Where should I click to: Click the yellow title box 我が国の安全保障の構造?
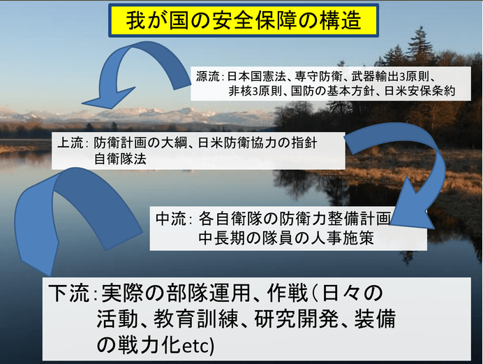click(x=244, y=20)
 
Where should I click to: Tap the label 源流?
click(x=208, y=76)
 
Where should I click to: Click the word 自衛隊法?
click(x=120, y=159)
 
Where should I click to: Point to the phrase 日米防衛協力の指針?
click(x=258, y=143)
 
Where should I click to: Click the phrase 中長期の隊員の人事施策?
click(x=286, y=238)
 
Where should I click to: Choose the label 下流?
click(x=68, y=293)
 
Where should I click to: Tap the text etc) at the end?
click(x=198, y=346)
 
